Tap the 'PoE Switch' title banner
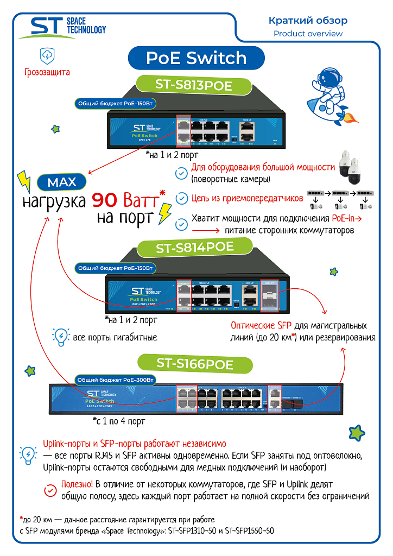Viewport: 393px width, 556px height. point(196,58)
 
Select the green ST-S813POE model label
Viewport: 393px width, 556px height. point(193,85)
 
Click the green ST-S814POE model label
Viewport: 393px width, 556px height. point(194,248)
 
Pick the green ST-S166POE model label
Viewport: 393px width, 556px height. point(194,363)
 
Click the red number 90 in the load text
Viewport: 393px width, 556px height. point(107,201)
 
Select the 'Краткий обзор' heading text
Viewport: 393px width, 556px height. point(308,21)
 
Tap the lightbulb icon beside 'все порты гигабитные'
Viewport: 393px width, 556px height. point(60,337)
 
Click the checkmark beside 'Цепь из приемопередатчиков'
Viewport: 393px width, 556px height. point(182,199)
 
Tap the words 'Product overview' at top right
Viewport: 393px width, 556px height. point(308,34)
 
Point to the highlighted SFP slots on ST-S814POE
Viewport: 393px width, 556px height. point(269,296)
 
